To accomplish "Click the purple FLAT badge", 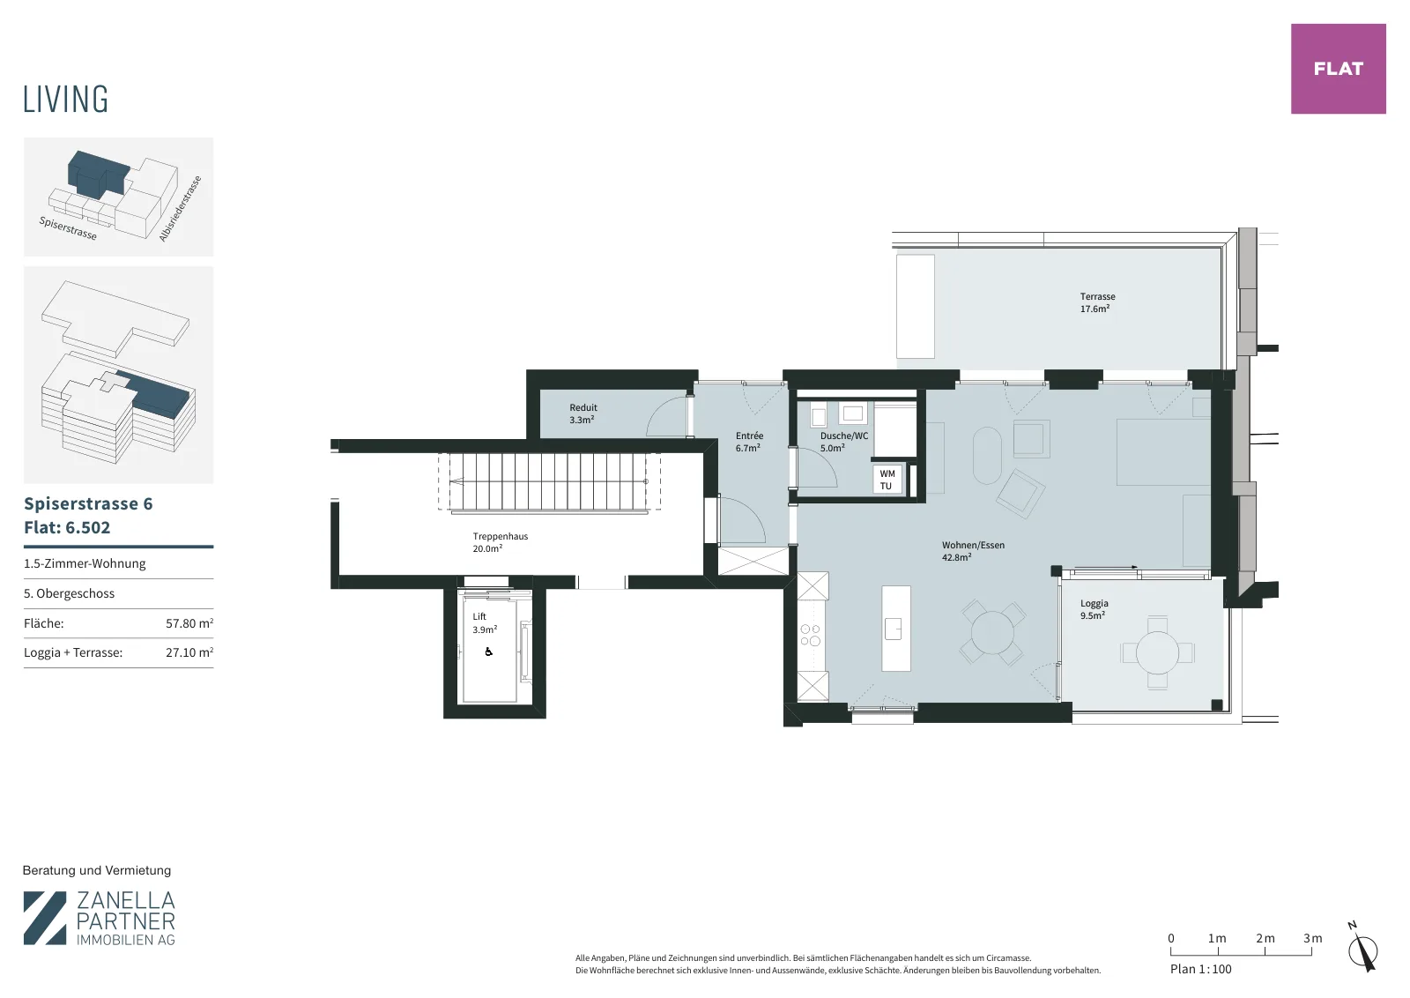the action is click(1339, 69).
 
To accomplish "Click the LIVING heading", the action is click(65, 100).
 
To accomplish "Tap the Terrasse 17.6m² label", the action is click(1097, 302).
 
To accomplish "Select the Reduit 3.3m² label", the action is click(583, 413).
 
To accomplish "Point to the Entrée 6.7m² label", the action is click(749, 442).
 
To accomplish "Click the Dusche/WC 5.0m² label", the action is click(843, 442).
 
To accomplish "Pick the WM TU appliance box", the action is click(887, 480).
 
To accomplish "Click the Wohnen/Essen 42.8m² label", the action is click(973, 551).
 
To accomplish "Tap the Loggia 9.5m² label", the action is click(1094, 609).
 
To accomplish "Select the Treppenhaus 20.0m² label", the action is click(500, 542).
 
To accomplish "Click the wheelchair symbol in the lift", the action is click(488, 652).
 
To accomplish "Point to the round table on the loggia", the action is click(1157, 653).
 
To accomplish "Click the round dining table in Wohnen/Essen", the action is click(992, 632).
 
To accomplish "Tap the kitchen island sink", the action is click(894, 629).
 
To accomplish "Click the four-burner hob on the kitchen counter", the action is click(811, 635).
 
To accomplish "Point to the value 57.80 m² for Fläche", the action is click(189, 623).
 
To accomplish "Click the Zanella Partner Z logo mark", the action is click(45, 918).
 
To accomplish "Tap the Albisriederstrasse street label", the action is click(180, 208).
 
